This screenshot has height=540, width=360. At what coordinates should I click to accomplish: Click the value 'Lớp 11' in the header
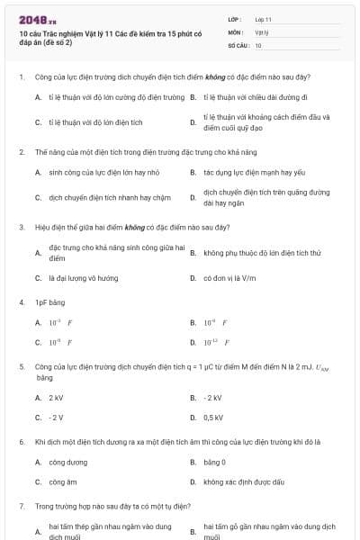tap(264, 18)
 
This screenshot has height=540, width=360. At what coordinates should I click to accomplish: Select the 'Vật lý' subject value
tap(263, 31)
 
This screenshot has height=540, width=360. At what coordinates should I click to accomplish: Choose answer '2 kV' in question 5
tap(56, 397)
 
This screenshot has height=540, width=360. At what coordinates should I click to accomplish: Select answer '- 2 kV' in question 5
tap(212, 397)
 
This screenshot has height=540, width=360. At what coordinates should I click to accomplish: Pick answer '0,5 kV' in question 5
tap(213, 418)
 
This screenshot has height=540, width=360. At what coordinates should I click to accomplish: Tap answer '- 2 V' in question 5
tap(56, 418)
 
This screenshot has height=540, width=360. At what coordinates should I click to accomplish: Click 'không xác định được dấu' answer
tap(244, 482)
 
